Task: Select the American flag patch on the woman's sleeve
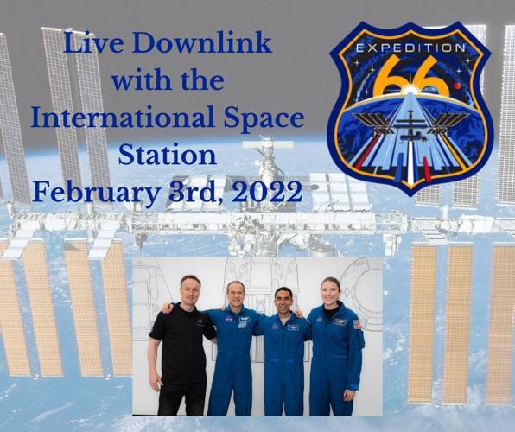(357, 324)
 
